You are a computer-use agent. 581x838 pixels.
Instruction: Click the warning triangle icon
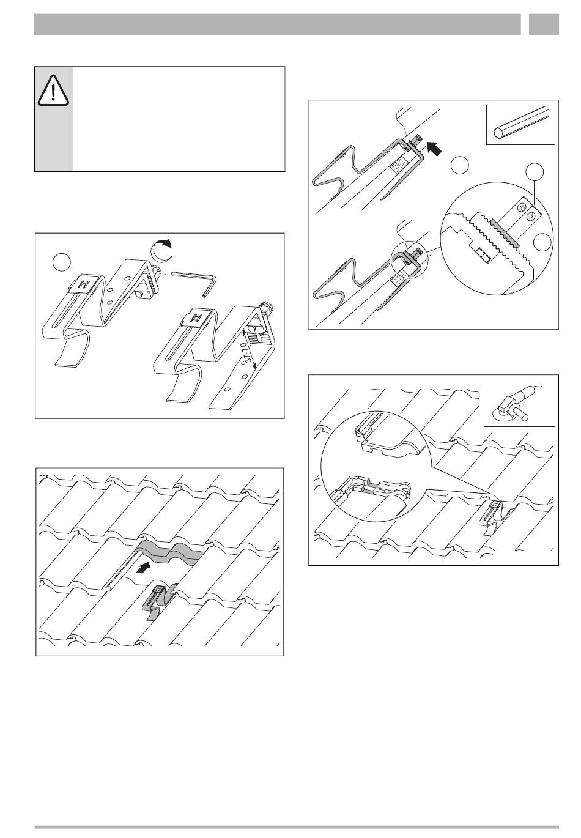pos(53,90)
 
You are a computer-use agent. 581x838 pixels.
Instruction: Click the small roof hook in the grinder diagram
pos(495,517)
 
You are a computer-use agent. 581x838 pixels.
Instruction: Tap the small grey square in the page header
pos(544,24)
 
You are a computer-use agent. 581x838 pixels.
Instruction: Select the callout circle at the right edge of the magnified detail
pos(542,242)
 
